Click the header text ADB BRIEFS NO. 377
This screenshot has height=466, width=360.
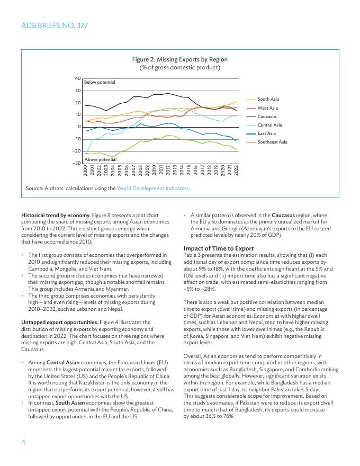(x=55, y=25)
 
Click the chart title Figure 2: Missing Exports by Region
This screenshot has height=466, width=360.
(x=179, y=60)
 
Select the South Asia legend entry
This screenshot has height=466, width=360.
(x=268, y=99)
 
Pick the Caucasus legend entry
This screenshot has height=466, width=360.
(x=267, y=116)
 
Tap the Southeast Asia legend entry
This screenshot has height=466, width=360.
(x=272, y=142)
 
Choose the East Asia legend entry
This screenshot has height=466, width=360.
(x=267, y=133)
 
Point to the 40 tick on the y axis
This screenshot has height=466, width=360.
(x=77, y=78)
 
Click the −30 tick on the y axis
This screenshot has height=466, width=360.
(x=76, y=163)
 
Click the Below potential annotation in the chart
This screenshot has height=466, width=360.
(x=100, y=83)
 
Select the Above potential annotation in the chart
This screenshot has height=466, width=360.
(x=100, y=159)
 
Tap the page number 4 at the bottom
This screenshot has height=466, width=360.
(x=23, y=441)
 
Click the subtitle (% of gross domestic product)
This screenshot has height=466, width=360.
(x=179, y=68)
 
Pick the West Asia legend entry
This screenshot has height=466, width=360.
(x=267, y=108)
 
